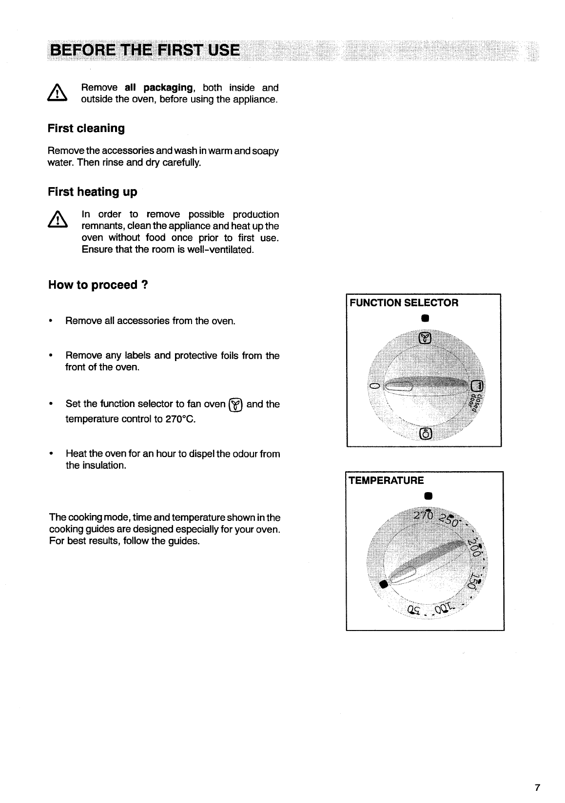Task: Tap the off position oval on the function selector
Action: coord(374,386)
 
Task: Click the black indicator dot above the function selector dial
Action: coord(425,319)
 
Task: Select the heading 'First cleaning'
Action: coord(86,129)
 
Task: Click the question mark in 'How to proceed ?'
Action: coord(145,285)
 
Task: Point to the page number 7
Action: coord(537,787)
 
